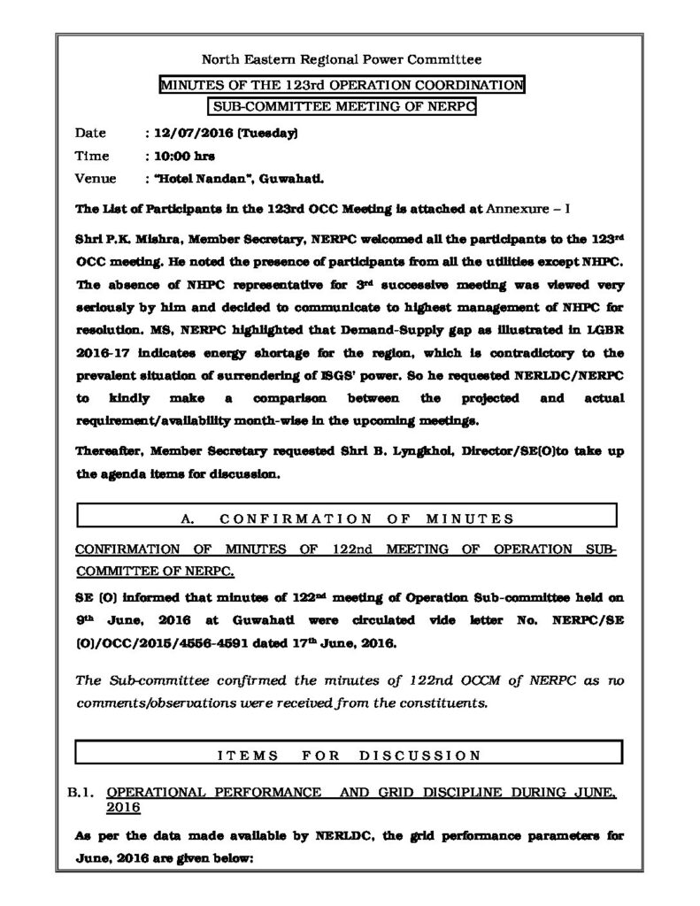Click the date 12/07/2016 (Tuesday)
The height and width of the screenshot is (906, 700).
point(226,134)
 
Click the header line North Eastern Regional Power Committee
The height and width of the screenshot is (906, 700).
point(342,60)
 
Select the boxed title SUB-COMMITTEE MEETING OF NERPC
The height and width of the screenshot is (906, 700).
point(342,106)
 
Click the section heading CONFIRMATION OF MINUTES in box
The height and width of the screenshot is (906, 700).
point(348,518)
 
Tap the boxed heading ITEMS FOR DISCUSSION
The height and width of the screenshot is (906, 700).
point(348,755)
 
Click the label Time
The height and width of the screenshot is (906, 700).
point(93,156)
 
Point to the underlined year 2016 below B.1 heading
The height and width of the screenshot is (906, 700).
point(122,808)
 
